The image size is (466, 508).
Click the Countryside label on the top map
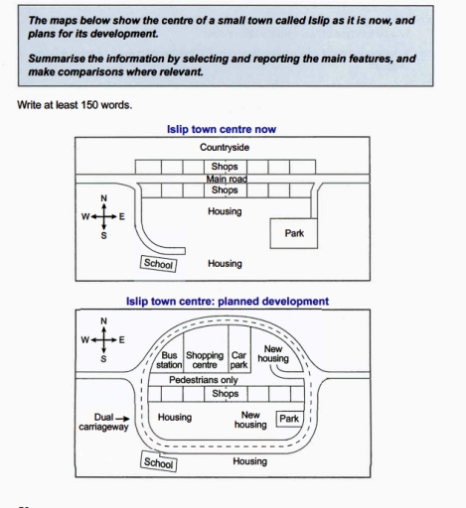[225, 148]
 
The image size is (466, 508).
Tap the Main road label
[227, 179]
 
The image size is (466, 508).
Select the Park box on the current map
[294, 233]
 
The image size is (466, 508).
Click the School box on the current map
[158, 264]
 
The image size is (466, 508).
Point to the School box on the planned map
[159, 461]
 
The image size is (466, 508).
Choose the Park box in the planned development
[289, 419]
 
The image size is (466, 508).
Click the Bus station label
[169, 360]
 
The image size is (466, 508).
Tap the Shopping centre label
[205, 360]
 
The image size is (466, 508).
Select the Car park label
[238, 360]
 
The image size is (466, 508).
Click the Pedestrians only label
[204, 380]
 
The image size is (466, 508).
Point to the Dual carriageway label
[103, 422]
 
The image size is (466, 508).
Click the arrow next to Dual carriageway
[122, 419]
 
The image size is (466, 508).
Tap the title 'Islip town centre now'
[222, 129]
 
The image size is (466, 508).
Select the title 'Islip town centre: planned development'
[228, 302]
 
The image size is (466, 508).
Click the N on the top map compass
[103, 198]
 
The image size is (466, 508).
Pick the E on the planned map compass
[121, 340]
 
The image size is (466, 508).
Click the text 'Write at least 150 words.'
[75, 105]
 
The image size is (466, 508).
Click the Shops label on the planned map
[226, 394]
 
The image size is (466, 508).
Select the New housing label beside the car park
[273, 353]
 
